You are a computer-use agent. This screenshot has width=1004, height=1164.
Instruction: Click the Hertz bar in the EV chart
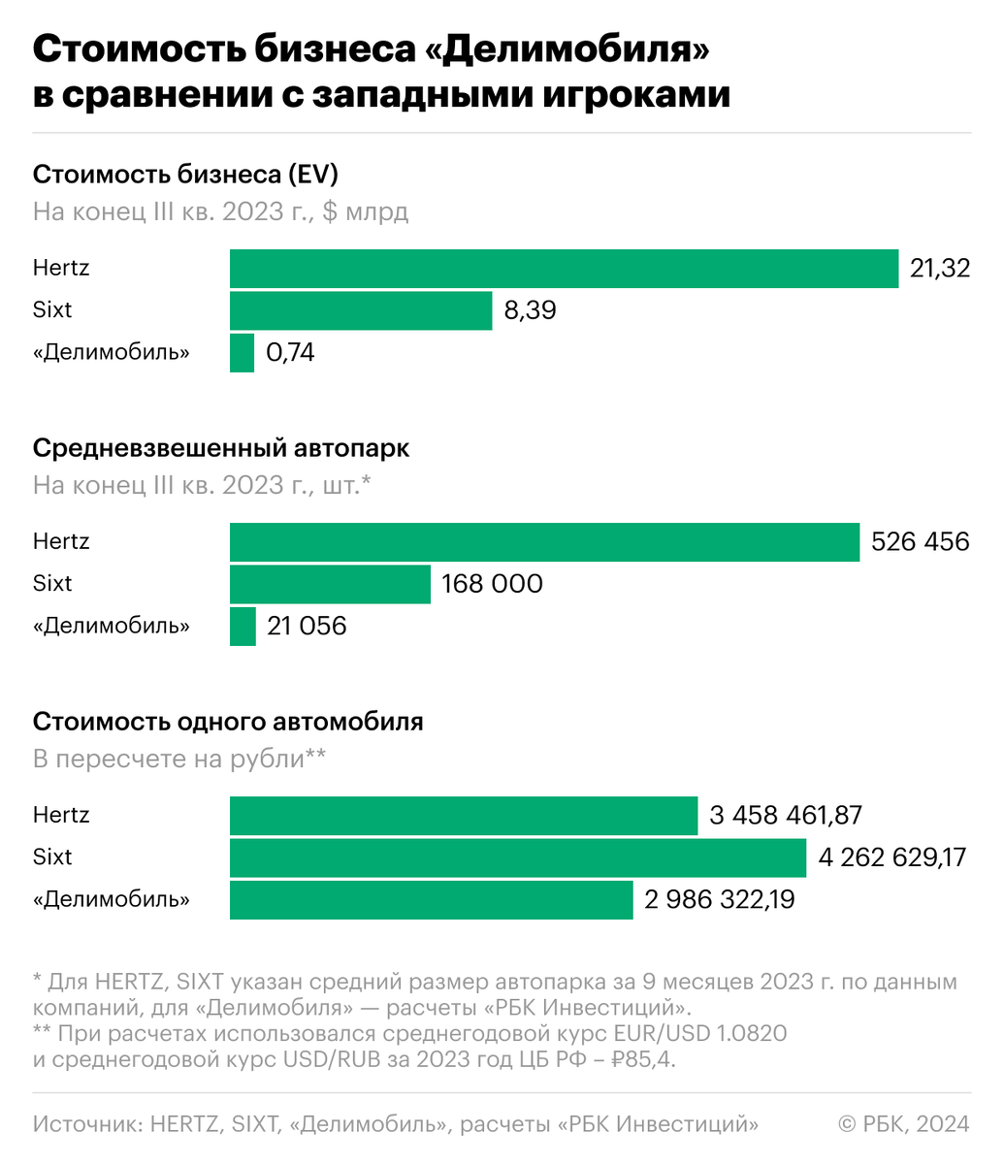pyautogui.click(x=564, y=269)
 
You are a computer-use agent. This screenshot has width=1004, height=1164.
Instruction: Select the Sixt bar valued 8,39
pyautogui.click(x=361, y=310)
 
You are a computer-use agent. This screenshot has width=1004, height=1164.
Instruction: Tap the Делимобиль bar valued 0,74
pyautogui.click(x=242, y=352)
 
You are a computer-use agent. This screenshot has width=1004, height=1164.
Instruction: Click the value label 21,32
pyautogui.click(x=939, y=269)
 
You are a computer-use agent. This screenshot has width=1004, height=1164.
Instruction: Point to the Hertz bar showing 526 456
pyautogui.click(x=544, y=542)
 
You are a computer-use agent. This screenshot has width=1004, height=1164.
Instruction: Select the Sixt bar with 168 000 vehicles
pyautogui.click(x=330, y=584)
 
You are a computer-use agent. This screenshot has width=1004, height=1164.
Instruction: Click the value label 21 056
pyautogui.click(x=307, y=626)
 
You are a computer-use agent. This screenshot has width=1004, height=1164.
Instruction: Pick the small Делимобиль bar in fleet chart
pyautogui.click(x=243, y=626)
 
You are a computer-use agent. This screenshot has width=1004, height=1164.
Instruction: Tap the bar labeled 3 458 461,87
pyautogui.click(x=464, y=816)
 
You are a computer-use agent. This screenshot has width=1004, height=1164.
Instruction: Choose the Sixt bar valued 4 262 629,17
pyautogui.click(x=518, y=857)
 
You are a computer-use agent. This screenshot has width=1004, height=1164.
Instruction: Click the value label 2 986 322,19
pyautogui.click(x=719, y=899)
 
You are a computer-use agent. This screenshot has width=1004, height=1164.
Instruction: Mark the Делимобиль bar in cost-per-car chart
pyautogui.click(x=431, y=899)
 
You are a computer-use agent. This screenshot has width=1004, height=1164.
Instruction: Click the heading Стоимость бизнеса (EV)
pyautogui.click(x=185, y=175)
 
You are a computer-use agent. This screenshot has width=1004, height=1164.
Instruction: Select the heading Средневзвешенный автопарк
pyautogui.click(x=221, y=448)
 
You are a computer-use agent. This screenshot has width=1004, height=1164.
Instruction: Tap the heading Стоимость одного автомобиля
pyautogui.click(x=228, y=722)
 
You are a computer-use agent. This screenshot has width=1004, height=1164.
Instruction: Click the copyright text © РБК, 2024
pyautogui.click(x=903, y=1123)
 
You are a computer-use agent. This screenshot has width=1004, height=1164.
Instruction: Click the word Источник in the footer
pyautogui.click(x=87, y=1123)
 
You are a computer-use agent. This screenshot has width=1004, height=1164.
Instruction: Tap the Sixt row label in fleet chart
pyautogui.click(x=52, y=584)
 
